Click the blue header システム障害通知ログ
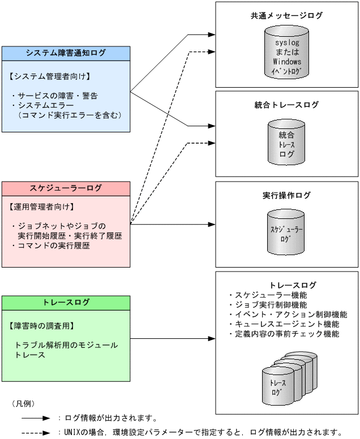coord(66,53)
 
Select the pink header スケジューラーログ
coord(66,188)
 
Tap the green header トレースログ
coord(66,302)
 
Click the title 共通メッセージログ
coord(286,16)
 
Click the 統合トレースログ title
coord(286,105)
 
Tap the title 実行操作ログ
coord(286,195)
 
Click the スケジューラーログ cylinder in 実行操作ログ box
coord(286,233)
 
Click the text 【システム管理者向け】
coord(50,75)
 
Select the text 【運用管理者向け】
coord(42,206)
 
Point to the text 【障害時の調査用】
coord(42,326)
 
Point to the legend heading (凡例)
coord(23,403)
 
